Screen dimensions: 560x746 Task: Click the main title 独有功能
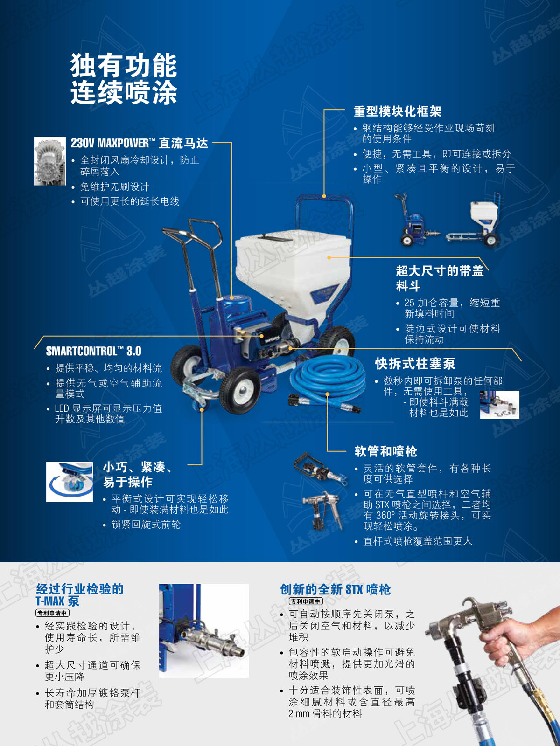tap(124, 65)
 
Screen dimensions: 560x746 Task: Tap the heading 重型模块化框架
tap(398, 111)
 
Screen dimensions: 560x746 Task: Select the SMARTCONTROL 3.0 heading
tap(93, 351)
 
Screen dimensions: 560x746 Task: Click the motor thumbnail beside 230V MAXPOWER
tap(49, 161)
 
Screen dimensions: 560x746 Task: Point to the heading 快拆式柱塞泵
tap(415, 364)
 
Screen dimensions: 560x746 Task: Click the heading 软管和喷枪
tap(386, 451)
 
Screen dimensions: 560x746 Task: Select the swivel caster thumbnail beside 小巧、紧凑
tap(70, 482)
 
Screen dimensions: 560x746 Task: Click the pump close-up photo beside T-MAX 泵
tap(203, 631)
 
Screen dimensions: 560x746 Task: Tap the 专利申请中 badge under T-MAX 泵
tap(53, 613)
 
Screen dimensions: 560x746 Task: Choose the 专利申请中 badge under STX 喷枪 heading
tap(306, 601)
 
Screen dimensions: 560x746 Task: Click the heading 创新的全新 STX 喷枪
tap(335, 589)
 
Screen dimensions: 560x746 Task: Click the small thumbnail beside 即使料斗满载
tap(499, 404)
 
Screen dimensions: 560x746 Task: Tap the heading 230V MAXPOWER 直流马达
tap(140, 143)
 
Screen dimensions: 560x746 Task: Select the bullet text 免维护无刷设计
tap(115, 186)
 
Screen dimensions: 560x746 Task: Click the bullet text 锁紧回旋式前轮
tap(146, 525)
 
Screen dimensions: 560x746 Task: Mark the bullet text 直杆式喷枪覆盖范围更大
tap(418, 541)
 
